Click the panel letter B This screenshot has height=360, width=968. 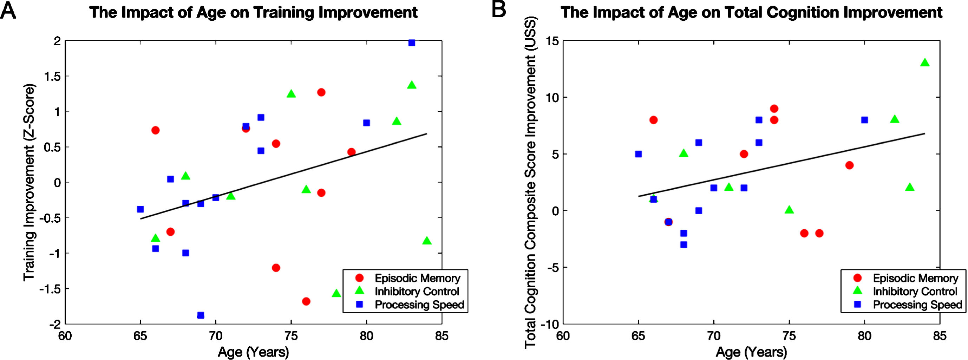[499, 10]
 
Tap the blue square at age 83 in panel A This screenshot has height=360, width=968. [412, 43]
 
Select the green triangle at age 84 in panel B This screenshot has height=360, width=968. [925, 63]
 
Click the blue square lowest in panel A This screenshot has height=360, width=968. [201, 315]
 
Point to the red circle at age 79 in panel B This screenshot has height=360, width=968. [849, 165]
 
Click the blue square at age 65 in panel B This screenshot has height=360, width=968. [638, 154]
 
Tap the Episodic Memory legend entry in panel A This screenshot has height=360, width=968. [408, 278]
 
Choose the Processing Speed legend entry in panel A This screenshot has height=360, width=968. [410, 305]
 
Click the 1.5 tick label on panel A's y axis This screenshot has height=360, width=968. [52, 76]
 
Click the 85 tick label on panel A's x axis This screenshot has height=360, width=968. [442, 335]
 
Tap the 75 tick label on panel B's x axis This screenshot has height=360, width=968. [789, 335]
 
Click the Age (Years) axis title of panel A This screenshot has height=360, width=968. [253, 352]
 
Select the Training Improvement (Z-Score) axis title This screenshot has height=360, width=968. [29, 182]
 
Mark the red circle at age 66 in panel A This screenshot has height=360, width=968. [155, 130]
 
